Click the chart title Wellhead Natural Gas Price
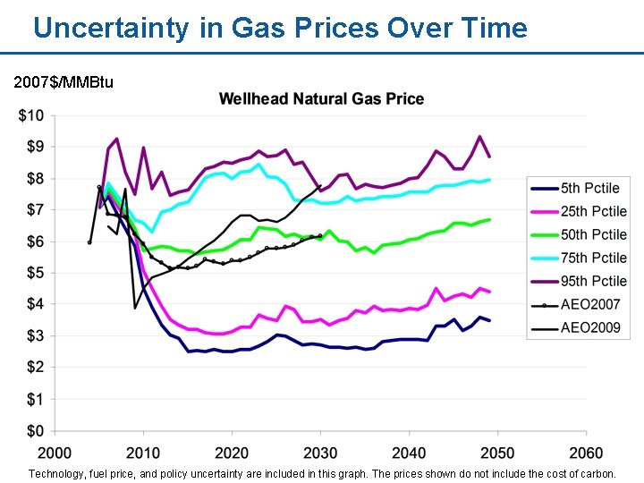[322, 98]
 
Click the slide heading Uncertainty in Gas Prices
[280, 28]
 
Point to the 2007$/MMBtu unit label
[64, 82]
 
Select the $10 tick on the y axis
[31, 115]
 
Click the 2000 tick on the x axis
[55, 453]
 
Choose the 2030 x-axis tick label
[320, 453]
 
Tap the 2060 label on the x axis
[587, 453]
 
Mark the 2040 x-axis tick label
[409, 453]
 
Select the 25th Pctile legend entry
[594, 211]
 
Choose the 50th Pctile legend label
[594, 234]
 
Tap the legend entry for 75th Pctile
[594, 258]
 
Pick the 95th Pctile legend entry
[594, 281]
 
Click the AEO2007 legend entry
[590, 304]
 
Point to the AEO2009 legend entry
[590, 327]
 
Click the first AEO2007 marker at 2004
[89, 242]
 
